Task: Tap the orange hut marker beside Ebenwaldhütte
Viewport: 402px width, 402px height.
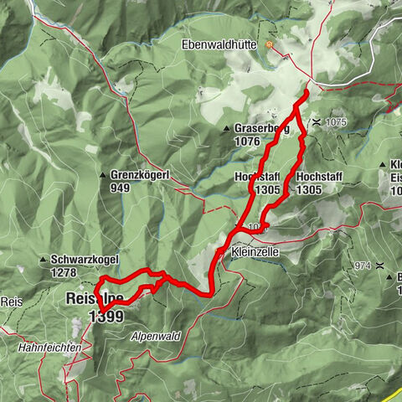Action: tap(269, 44)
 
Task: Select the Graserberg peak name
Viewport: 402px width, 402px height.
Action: tap(262, 130)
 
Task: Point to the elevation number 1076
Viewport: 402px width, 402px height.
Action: tap(248, 142)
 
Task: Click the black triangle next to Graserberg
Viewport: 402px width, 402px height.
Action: tap(227, 129)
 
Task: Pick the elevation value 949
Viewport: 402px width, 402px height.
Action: tap(121, 188)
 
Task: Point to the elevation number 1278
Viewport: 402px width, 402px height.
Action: tap(63, 272)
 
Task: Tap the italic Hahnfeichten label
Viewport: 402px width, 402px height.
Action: tap(53, 346)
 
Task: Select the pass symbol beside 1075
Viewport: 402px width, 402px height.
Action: tap(316, 122)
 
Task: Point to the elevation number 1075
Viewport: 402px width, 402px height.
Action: tap(335, 122)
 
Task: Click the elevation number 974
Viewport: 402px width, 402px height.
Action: tap(362, 265)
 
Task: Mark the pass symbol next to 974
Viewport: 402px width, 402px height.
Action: tap(380, 265)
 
